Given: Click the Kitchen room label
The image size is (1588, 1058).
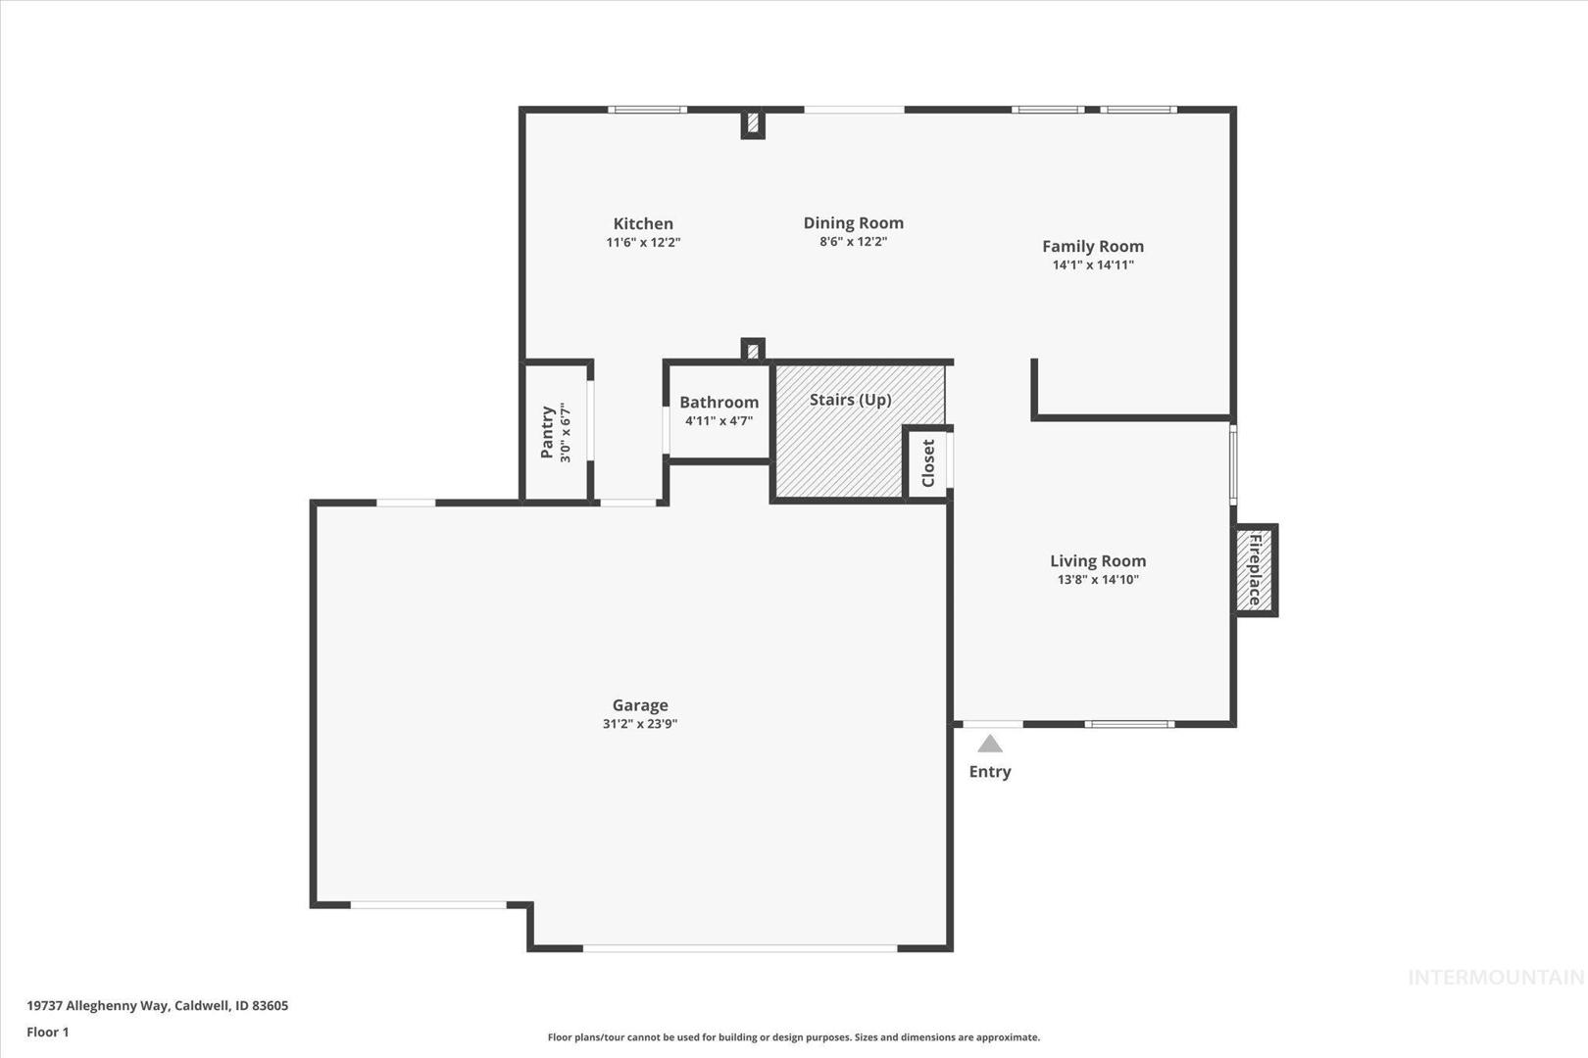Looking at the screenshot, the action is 643,224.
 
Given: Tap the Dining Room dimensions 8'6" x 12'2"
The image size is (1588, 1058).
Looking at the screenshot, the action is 854,242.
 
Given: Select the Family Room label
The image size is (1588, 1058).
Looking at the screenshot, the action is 1093,247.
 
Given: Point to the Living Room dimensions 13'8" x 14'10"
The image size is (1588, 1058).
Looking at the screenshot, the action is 1098,580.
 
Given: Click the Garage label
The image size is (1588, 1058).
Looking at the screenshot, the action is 640,705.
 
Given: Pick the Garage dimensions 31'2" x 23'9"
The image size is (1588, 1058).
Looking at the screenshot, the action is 640,724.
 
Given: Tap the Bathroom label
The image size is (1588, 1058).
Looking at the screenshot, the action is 719,403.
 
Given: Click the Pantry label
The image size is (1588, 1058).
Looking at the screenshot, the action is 547,432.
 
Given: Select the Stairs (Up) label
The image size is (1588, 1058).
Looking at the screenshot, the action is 851,401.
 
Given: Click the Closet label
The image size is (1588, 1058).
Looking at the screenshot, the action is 928,463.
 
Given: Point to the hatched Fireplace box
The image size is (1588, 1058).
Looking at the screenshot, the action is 1256,570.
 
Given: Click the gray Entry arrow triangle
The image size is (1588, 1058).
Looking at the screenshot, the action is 990,744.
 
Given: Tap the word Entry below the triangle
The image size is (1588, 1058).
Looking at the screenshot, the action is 990,772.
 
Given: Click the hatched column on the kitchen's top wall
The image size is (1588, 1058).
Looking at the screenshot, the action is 753,123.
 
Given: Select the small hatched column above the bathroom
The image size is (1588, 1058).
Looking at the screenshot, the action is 753,350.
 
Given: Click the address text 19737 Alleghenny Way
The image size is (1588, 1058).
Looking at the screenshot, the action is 98,1005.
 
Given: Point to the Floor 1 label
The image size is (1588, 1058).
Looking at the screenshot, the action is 47,1033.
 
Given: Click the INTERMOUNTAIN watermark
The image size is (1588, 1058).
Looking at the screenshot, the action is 1496,978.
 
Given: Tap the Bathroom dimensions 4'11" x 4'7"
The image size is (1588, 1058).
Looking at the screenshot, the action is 719,421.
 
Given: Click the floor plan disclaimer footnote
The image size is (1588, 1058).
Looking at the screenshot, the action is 794,1037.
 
